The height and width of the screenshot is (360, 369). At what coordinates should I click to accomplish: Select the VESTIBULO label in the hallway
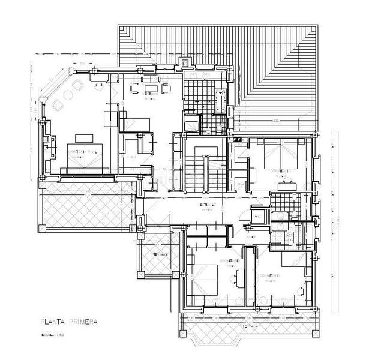(206, 205)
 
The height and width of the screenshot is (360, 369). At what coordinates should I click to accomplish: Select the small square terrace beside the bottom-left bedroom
(155, 255)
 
